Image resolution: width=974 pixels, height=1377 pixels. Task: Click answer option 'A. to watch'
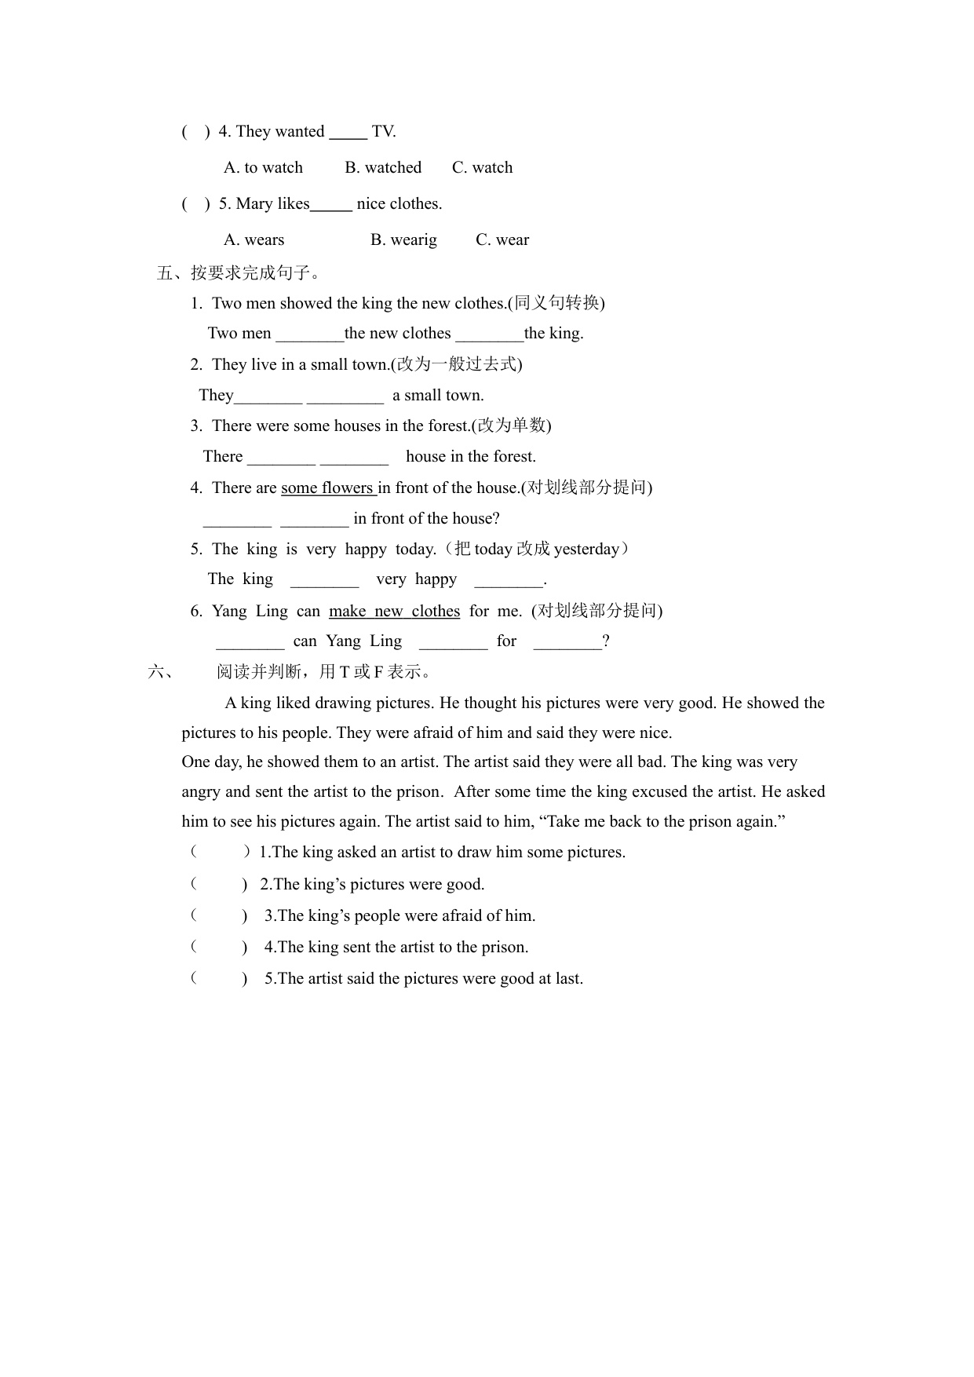pyautogui.click(x=263, y=168)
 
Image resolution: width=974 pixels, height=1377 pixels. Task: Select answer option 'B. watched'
pyautogui.click(x=383, y=168)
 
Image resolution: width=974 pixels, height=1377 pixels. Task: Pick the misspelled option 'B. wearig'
pyautogui.click(x=403, y=240)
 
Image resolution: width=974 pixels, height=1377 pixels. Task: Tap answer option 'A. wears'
pyautogui.click(x=254, y=240)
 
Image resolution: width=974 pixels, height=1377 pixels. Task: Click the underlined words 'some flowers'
pyautogui.click(x=328, y=488)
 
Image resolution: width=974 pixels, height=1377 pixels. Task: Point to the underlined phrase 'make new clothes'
pyautogui.click(x=394, y=612)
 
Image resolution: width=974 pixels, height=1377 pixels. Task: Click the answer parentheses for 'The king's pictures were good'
pyautogui.click(x=219, y=885)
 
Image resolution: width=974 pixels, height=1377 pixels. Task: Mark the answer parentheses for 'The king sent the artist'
pyautogui.click(x=219, y=948)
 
